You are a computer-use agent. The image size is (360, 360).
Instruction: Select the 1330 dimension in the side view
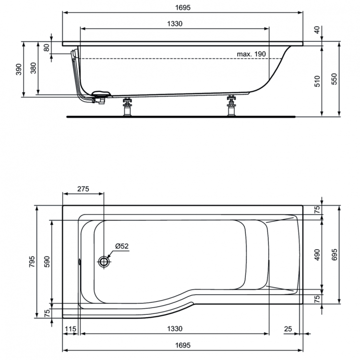pyautogui.click(x=174, y=24)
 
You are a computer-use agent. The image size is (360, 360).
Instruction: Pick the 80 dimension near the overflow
pyautogui.click(x=47, y=48)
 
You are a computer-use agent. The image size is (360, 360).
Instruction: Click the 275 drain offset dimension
pyautogui.click(x=83, y=189)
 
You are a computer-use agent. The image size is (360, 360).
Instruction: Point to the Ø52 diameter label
pyautogui.click(x=121, y=246)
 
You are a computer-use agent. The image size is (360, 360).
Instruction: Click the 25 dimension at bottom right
pyautogui.click(x=288, y=329)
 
